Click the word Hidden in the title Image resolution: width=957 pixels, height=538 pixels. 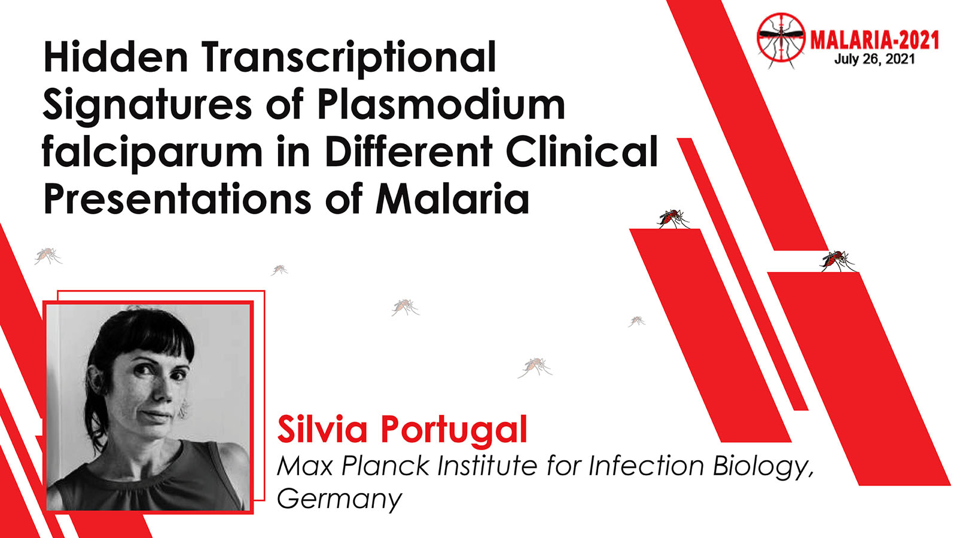pyautogui.click(x=116, y=57)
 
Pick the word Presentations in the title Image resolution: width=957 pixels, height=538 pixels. pyautogui.click(x=177, y=198)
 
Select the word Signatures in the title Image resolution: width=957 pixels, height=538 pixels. pyautogui.click(x=148, y=106)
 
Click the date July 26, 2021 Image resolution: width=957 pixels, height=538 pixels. pyautogui.click(x=874, y=59)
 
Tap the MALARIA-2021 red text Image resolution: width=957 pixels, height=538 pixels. pyautogui.click(x=874, y=41)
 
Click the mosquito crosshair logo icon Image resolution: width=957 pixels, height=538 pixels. pyautogui.click(x=781, y=39)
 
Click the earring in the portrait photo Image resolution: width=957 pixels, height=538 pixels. pyautogui.click(x=184, y=409)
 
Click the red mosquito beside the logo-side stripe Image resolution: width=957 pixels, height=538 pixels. pyautogui.click(x=838, y=261)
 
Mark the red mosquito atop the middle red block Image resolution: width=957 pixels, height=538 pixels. pyautogui.click(x=673, y=219)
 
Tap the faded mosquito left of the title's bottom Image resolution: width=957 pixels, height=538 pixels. pyautogui.click(x=48, y=255)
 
